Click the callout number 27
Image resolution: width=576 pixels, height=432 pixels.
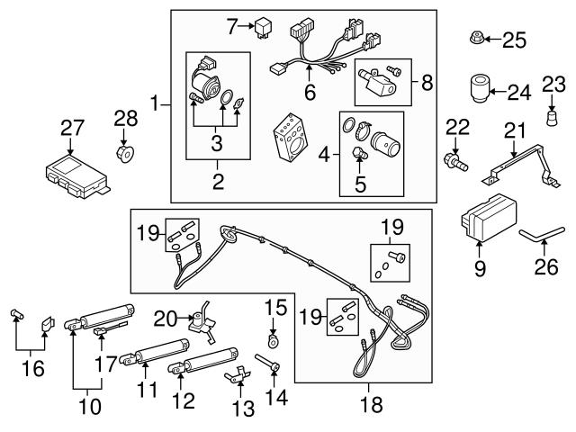71,129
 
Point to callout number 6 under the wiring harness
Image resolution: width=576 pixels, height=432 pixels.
310,93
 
